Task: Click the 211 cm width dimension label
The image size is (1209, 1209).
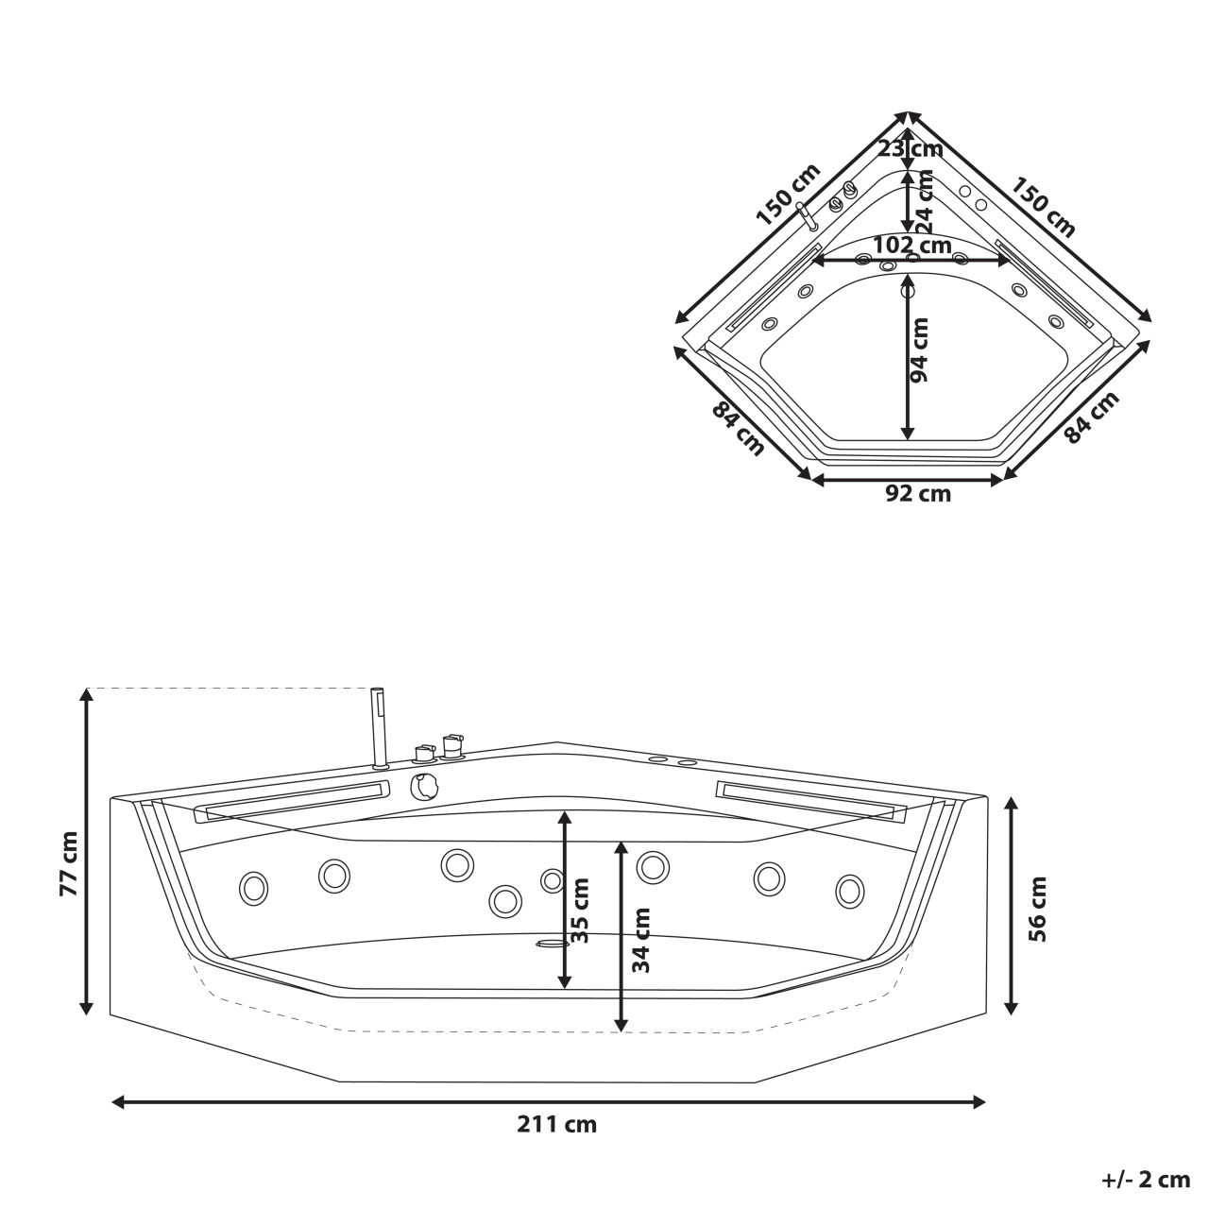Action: [x=556, y=1125]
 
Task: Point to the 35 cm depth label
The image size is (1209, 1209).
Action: [x=580, y=911]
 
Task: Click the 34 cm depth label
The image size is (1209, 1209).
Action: [x=641, y=940]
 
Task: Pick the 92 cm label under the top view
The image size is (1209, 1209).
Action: [x=918, y=494]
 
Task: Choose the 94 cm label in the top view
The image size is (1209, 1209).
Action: [x=919, y=349]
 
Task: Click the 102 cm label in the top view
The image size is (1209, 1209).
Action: [x=911, y=245]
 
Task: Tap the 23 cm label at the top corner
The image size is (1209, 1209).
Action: [x=910, y=148]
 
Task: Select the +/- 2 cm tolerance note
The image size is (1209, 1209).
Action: [x=1145, y=1180]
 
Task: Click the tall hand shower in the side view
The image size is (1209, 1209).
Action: [x=380, y=727]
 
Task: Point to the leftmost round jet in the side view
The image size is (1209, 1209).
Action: [x=253, y=889]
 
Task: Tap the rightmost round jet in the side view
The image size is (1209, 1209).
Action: [x=850, y=892]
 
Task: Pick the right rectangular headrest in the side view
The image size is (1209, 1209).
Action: [x=810, y=799]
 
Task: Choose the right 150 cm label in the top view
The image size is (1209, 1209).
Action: [x=1044, y=206]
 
